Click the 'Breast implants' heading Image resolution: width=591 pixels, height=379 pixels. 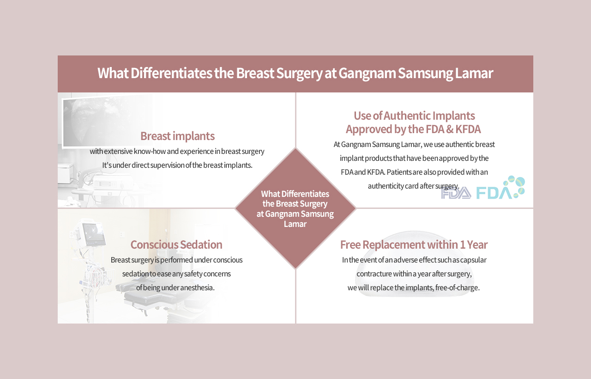pyautogui.click(x=177, y=136)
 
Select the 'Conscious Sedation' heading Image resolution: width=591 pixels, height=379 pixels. pyautogui.click(x=176, y=245)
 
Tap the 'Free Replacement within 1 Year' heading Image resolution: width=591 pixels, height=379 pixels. pyautogui.click(x=414, y=245)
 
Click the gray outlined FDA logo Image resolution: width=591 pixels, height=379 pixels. pyautogui.click(x=456, y=193)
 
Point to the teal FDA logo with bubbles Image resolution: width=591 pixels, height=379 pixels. pyautogui.click(x=501, y=188)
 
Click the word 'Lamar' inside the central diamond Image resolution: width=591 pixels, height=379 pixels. pyautogui.click(x=295, y=224)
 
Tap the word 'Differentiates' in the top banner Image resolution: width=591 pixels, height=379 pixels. pyautogui.click(x=171, y=73)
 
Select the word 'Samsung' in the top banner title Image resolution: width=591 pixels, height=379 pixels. pyautogui.click(x=426, y=73)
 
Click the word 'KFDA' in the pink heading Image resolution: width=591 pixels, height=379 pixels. pyautogui.click(x=468, y=129)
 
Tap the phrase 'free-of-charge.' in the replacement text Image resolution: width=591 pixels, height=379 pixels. pyautogui.click(x=457, y=287)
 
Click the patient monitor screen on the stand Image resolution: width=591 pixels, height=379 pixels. pyautogui.click(x=93, y=234)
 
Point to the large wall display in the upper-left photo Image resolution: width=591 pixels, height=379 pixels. pyautogui.click(x=107, y=121)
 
